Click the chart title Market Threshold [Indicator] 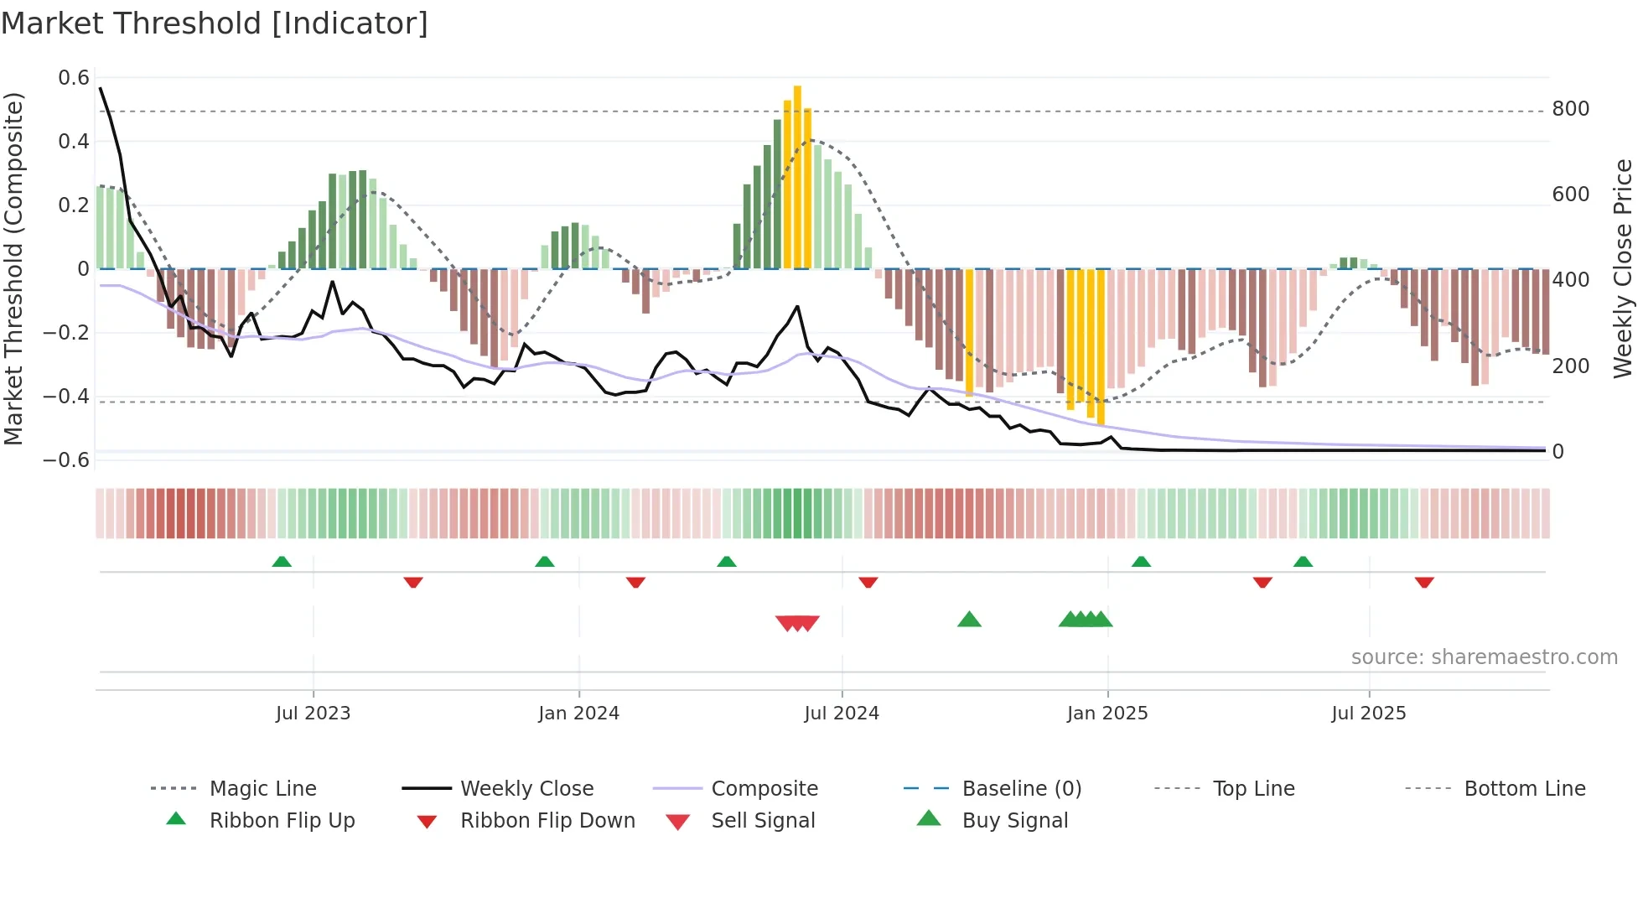[x=215, y=23]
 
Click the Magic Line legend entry [x=262, y=788]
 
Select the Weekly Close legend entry [x=526, y=788]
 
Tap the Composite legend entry [x=764, y=788]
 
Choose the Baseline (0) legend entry [x=1021, y=788]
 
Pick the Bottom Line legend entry [x=1524, y=788]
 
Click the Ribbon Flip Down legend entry [x=547, y=820]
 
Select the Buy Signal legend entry [x=1014, y=820]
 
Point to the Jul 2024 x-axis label [x=841, y=713]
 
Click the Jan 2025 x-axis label [x=1107, y=713]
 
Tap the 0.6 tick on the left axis [x=74, y=78]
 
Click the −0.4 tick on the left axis [x=66, y=396]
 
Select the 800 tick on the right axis [x=1570, y=109]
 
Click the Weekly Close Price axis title [x=1623, y=268]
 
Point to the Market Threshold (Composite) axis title [x=13, y=268]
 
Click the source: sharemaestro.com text [x=1484, y=657]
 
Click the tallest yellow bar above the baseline [x=797, y=176]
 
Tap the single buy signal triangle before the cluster [x=969, y=620]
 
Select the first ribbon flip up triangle [x=282, y=561]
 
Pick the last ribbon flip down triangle [x=1424, y=582]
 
